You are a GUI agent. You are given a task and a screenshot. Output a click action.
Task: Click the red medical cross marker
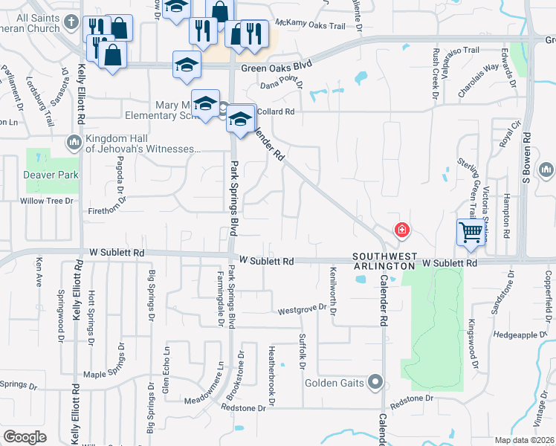pyautogui.click(x=402, y=230)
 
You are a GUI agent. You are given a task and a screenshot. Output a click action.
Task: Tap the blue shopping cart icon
pyautogui.click(x=470, y=233)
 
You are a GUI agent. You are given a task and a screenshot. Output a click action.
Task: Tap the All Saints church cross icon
pyautogui.click(x=71, y=21)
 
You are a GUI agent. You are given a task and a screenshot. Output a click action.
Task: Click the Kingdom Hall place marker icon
pyautogui.click(x=74, y=141)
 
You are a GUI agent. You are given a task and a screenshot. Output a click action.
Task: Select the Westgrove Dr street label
pyautogui.click(x=302, y=308)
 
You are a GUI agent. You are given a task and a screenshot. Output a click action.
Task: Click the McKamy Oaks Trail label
pyautogui.click(x=316, y=26)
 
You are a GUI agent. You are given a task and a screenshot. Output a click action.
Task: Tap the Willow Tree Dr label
pyautogui.click(x=48, y=201)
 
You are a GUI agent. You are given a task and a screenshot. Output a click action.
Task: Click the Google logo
pyautogui.click(x=25, y=437)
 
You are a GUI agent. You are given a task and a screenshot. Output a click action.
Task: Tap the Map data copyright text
pyautogui.click(x=523, y=440)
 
